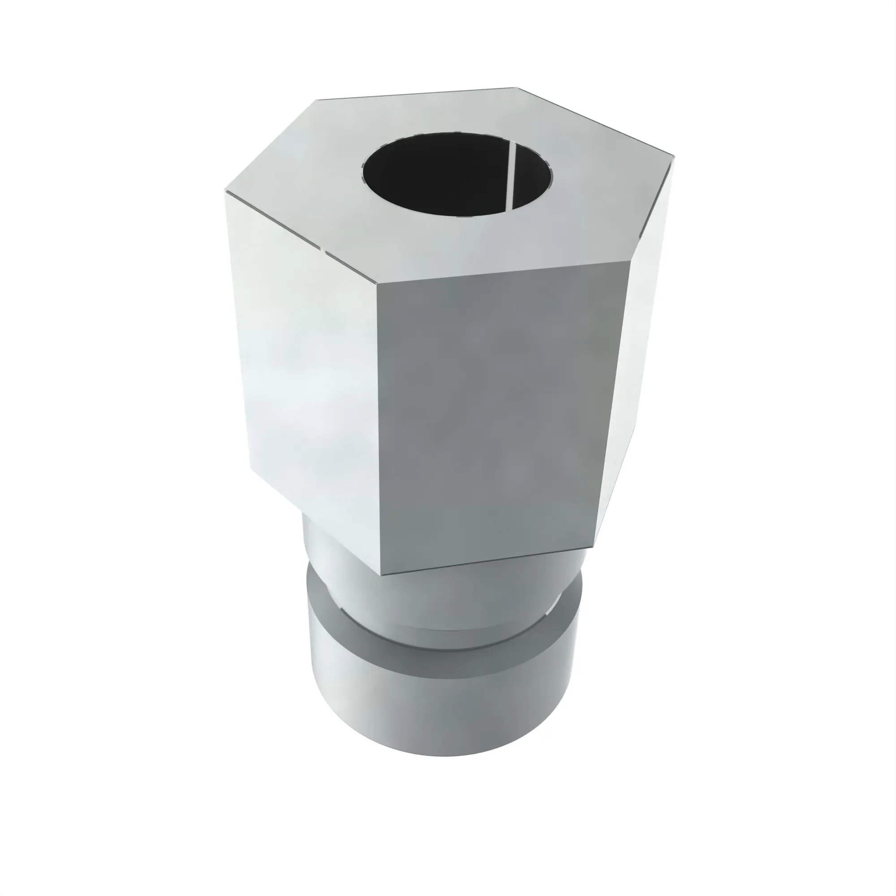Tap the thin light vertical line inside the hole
coord(513,175)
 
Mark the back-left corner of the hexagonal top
coord(316,100)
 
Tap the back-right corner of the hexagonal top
coord(517,88)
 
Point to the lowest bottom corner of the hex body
coord(381,575)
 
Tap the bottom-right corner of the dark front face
coord(594,548)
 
